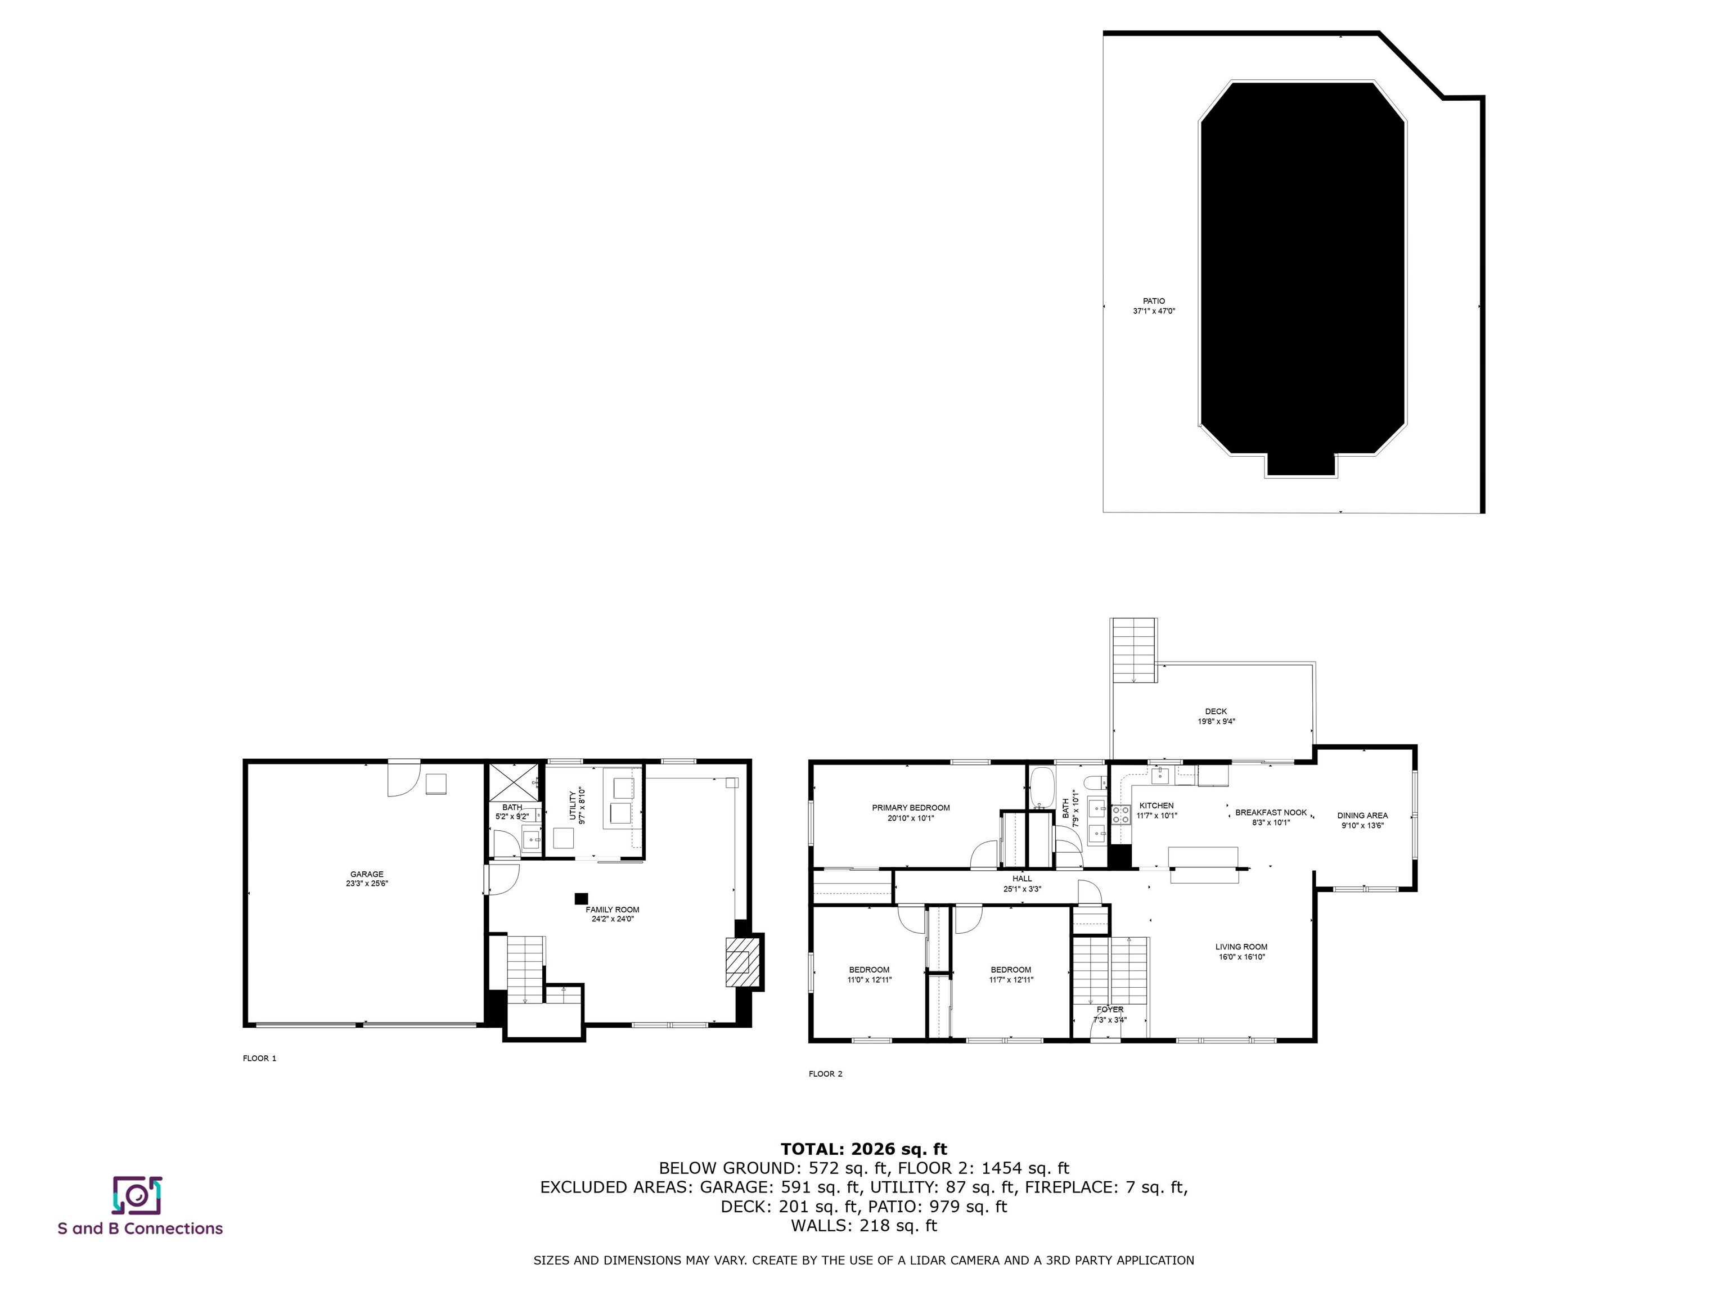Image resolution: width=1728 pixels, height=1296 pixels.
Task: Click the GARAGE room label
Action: click(366, 874)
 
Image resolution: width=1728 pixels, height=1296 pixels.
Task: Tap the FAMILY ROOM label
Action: click(613, 910)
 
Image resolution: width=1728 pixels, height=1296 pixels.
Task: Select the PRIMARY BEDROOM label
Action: click(911, 808)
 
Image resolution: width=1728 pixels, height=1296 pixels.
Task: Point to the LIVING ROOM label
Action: click(1241, 947)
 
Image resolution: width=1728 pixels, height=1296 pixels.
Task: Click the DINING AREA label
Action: click(1362, 816)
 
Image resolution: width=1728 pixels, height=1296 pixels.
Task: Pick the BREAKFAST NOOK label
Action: click(1271, 812)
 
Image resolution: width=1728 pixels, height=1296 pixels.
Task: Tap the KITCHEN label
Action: click(1156, 805)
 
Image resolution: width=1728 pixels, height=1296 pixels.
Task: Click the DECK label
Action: click(1216, 712)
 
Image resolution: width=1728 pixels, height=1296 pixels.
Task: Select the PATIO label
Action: click(1154, 301)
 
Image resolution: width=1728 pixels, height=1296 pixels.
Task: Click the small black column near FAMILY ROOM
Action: click(581, 899)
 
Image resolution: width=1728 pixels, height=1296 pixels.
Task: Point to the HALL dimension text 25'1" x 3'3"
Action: click(1023, 889)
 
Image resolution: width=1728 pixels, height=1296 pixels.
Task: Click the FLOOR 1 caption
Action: click(259, 1059)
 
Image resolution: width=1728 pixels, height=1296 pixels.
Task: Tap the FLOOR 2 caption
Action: click(826, 1074)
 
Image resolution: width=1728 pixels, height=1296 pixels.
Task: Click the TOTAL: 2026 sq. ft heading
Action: click(863, 1149)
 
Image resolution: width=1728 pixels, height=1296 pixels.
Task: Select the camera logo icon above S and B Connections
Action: click(137, 1195)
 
